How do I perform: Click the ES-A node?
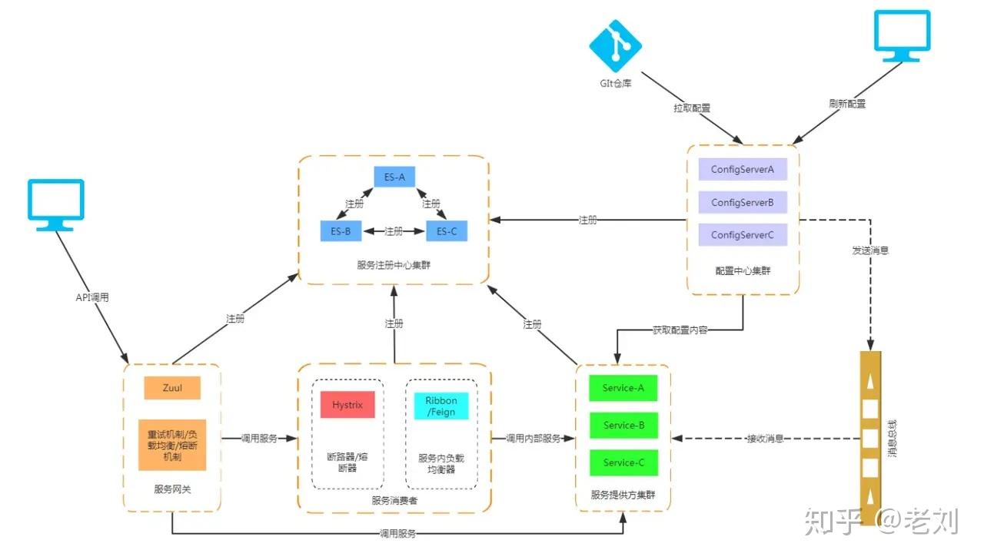[x=394, y=177]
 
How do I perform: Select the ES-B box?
[x=341, y=230]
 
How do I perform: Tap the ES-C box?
[x=447, y=230]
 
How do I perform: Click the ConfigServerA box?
[x=743, y=170]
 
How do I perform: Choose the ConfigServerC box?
[x=743, y=235]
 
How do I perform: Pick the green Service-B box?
[x=623, y=425]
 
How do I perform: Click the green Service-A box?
[x=623, y=388]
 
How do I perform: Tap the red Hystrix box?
[x=347, y=405]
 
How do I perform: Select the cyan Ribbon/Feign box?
[x=440, y=406]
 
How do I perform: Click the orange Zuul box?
[x=172, y=388]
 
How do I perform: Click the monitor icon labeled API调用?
[x=55, y=204]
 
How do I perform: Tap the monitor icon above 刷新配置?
[x=902, y=35]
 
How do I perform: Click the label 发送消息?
[x=870, y=250]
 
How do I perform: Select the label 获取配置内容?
[x=680, y=330]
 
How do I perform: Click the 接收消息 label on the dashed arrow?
[x=765, y=439]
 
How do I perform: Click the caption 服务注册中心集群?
[x=393, y=265]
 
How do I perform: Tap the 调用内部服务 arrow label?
[x=533, y=439]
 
